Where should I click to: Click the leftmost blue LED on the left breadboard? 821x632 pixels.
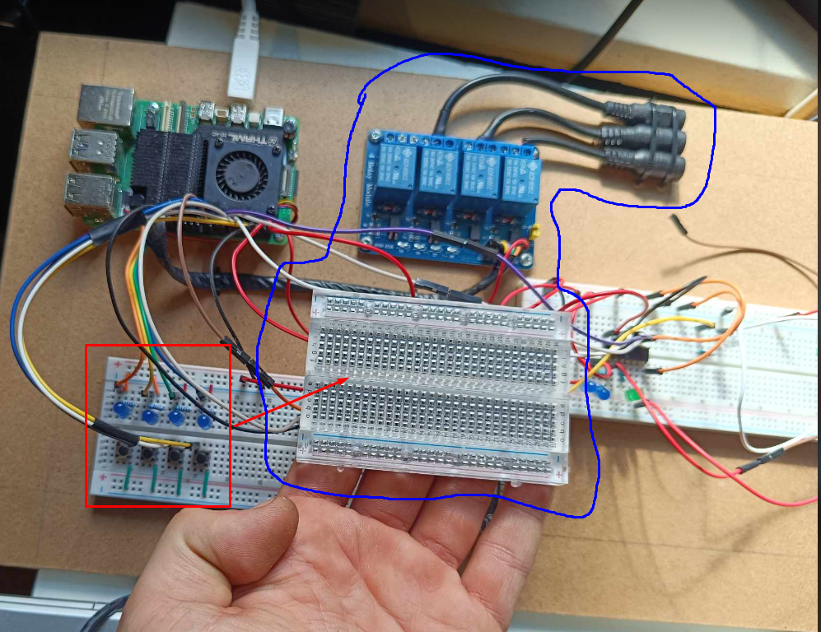pos(122,409)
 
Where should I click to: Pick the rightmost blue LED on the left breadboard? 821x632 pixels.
pos(204,421)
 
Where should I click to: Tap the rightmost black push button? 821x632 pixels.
pos(199,455)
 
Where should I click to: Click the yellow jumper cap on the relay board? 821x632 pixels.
pos(534,234)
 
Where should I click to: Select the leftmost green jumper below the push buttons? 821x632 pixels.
pos(128,478)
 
